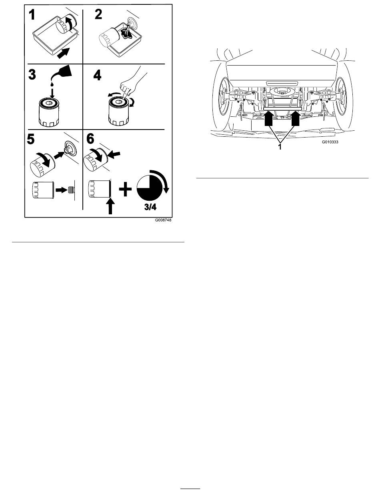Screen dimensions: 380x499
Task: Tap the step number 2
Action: pyautogui.click(x=98, y=14)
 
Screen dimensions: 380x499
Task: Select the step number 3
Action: pyautogui.click(x=32, y=74)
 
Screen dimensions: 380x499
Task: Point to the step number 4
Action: pyautogui.click(x=97, y=75)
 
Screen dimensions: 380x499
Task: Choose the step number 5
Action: pyautogui.click(x=31, y=139)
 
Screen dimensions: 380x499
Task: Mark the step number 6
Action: pyautogui.click(x=90, y=139)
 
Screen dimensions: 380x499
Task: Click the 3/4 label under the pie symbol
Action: pyautogui.click(x=150, y=207)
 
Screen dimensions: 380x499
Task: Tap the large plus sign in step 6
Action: pyautogui.click(x=125, y=188)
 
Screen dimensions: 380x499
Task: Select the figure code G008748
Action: pyautogui.click(x=163, y=220)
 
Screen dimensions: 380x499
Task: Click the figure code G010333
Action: pyautogui.click(x=330, y=142)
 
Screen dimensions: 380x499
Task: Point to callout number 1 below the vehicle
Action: pyautogui.click(x=280, y=147)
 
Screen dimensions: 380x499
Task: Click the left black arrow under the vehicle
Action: pyautogui.click(x=268, y=118)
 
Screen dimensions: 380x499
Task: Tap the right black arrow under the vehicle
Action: pyautogui.click(x=296, y=118)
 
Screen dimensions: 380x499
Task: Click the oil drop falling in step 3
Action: pyautogui.click(x=52, y=84)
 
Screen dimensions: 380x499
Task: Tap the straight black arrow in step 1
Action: pyautogui.click(x=64, y=53)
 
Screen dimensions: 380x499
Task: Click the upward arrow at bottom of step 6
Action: pyautogui.click(x=110, y=206)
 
